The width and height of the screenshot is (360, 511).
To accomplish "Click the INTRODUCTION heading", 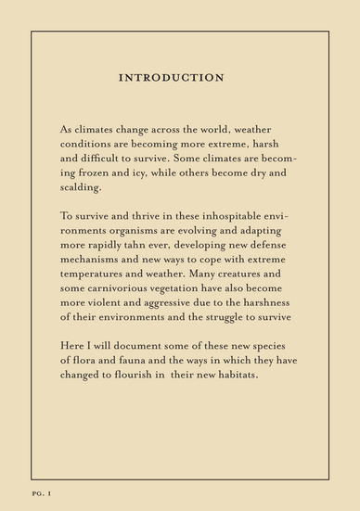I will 172,78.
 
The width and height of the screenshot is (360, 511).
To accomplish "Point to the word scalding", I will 83,188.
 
